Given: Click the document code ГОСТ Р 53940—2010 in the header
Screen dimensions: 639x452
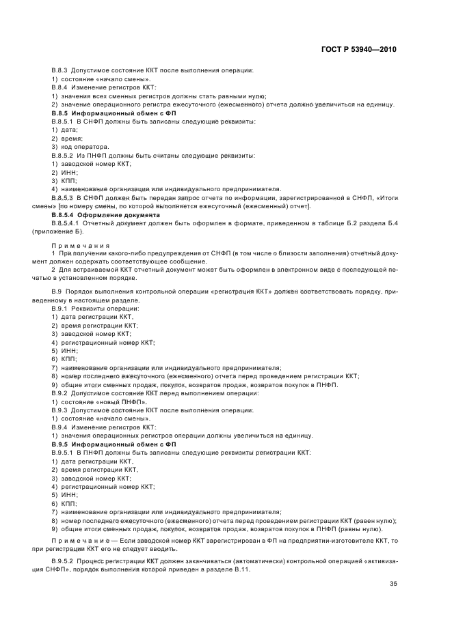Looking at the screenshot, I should pos(358,50).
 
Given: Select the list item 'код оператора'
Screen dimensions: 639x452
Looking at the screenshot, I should pos(79,147).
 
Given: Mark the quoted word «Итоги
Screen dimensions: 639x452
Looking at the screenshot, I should pos(388,198).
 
